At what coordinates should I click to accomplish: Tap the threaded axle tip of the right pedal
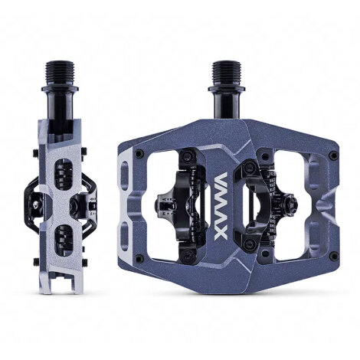[227, 69]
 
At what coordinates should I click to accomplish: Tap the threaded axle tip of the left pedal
[63, 70]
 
